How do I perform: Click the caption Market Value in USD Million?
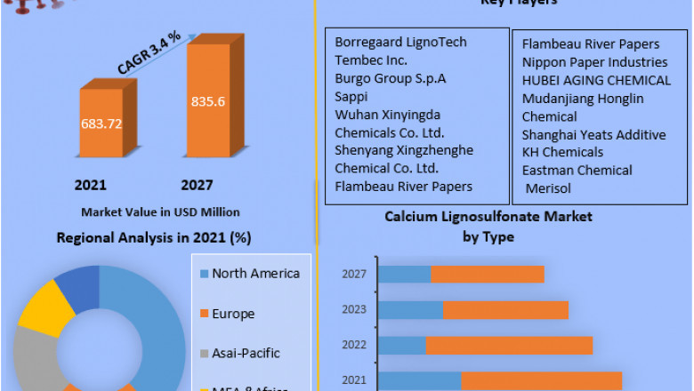pyautogui.click(x=160, y=212)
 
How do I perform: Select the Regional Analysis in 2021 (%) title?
pyautogui.click(x=154, y=237)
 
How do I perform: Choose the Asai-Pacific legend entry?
pyautogui.click(x=245, y=353)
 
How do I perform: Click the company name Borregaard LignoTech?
pyautogui.click(x=400, y=42)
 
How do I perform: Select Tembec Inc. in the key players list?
pyautogui.click(x=371, y=60)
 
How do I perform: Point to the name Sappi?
pyautogui.click(x=351, y=96)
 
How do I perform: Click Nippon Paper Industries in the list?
pyautogui.click(x=594, y=62)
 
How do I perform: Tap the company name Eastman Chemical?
pyautogui.click(x=577, y=170)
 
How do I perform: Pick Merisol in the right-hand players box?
pyautogui.click(x=548, y=188)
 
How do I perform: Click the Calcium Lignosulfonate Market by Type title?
pyautogui.click(x=488, y=227)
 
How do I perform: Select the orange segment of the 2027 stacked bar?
pyautogui.click(x=488, y=275)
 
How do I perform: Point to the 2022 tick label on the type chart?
pyautogui.click(x=354, y=344)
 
